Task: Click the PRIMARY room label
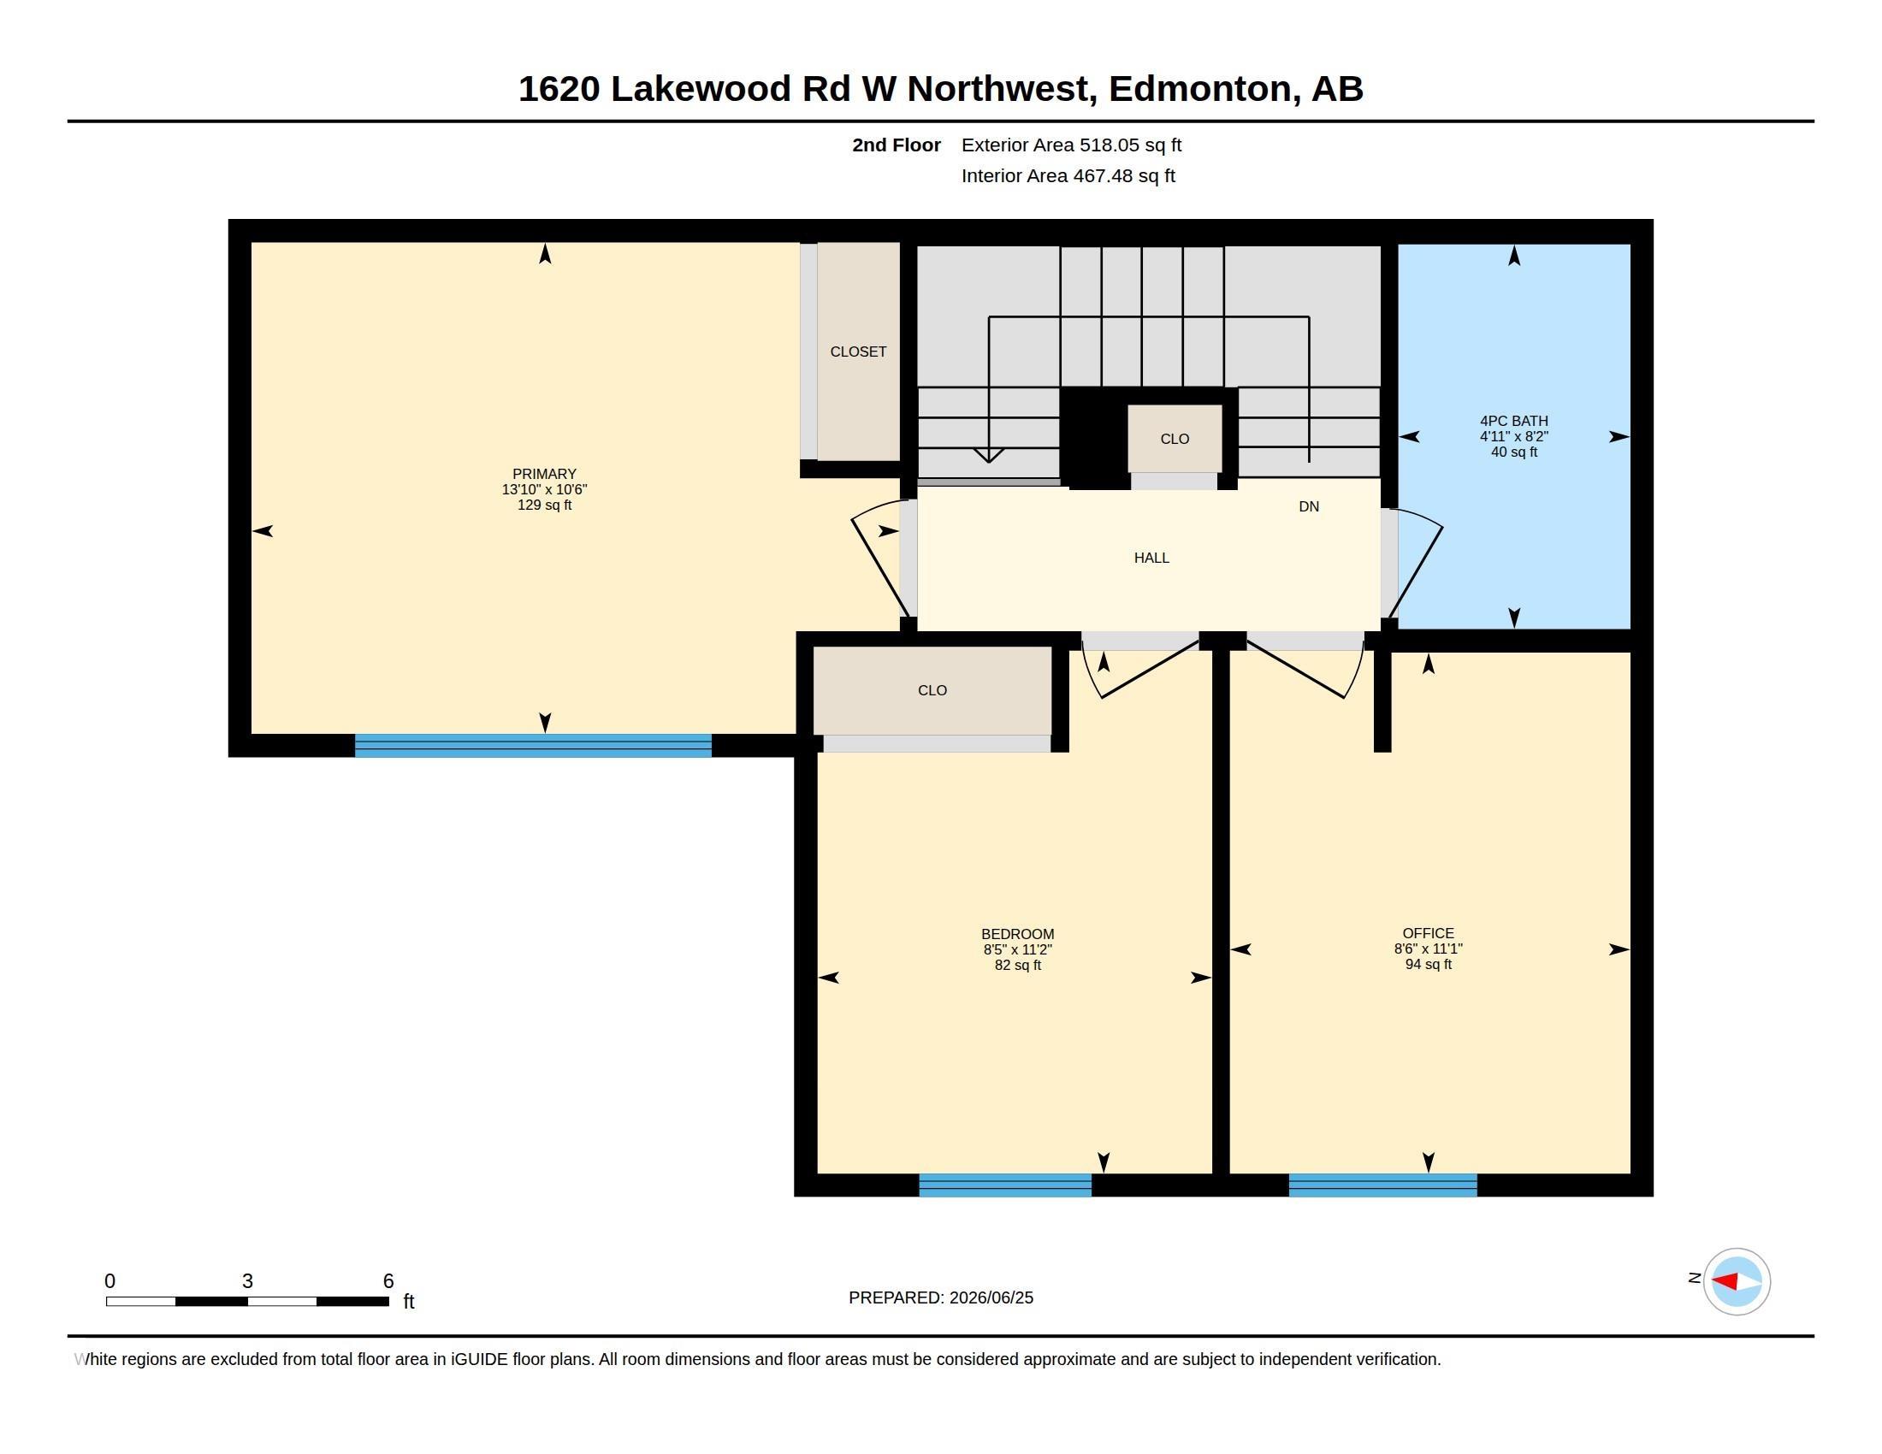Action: [x=544, y=474]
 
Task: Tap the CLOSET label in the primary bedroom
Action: [x=857, y=352]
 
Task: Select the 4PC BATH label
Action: [x=1513, y=421]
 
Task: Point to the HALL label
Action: [x=1151, y=559]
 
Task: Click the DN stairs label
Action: [x=1308, y=506]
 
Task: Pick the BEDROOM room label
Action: [x=1017, y=935]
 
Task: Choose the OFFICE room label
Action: [x=1428, y=934]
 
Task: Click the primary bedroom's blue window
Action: [x=534, y=745]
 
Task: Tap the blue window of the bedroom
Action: [x=1005, y=1185]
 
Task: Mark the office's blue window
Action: [x=1382, y=1185]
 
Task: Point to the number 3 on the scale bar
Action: [x=247, y=1281]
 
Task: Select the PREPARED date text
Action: [x=940, y=1298]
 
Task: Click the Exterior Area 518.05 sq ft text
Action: [x=1071, y=145]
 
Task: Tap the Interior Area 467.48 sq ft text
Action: [x=1068, y=176]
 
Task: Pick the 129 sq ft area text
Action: [x=544, y=505]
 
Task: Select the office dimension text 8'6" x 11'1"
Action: [x=1428, y=949]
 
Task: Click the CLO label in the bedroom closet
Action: [x=932, y=691]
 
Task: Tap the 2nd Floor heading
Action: [x=897, y=145]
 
